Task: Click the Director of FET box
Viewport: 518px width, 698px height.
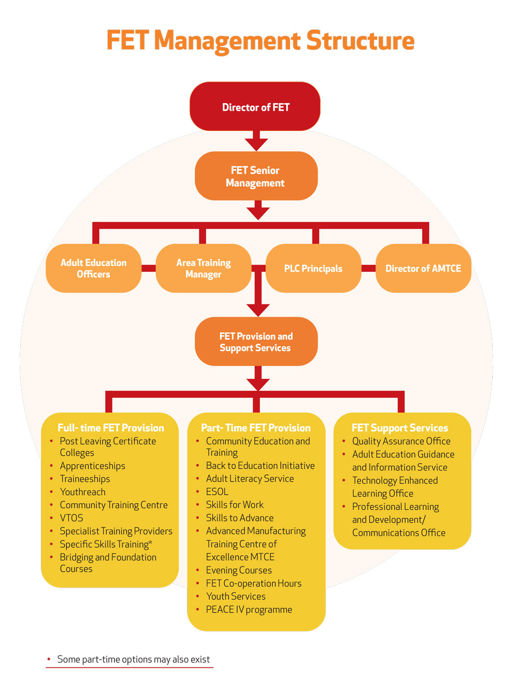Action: [255, 107]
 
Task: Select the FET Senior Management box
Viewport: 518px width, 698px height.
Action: [256, 176]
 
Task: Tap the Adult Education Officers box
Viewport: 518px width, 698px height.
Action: [94, 268]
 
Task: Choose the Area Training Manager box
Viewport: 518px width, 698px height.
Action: [204, 268]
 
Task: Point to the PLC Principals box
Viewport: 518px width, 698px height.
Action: [313, 268]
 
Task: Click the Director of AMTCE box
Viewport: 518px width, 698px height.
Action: [423, 268]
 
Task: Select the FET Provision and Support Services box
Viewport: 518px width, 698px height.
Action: [256, 342]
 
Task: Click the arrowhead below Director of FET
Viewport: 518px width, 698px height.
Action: [256, 144]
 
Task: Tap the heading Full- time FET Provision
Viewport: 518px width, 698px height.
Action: [111, 428]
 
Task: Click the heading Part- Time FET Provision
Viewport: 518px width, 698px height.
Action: [256, 428]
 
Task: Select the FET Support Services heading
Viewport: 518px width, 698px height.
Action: [400, 428]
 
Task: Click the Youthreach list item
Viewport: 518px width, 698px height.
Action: [82, 492]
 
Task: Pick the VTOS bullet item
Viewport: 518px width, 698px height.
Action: [71, 518]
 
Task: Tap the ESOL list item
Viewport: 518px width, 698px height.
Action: [217, 492]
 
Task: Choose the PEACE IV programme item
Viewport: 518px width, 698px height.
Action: [249, 609]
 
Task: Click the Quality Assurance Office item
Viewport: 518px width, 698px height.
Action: [401, 441]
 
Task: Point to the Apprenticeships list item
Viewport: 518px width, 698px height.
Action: [92, 466]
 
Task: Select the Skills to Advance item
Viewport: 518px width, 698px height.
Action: [239, 518]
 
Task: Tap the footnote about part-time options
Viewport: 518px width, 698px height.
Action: [133, 659]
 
